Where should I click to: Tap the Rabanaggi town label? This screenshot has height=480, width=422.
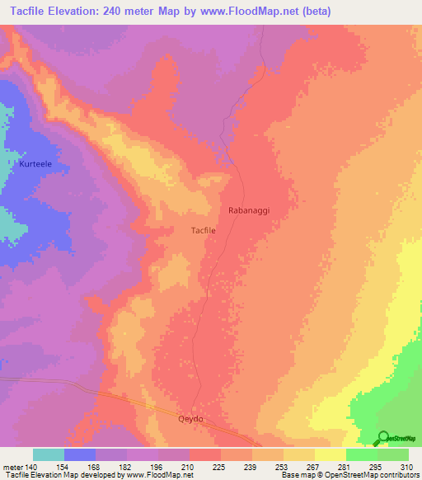(249, 210)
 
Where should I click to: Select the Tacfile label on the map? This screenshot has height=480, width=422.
(204, 232)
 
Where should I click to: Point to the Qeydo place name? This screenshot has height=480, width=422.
(190, 418)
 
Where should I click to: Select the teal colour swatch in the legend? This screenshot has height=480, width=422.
(49, 454)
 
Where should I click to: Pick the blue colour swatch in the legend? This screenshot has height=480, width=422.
(80, 454)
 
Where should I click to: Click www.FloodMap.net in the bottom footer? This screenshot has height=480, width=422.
(162, 475)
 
